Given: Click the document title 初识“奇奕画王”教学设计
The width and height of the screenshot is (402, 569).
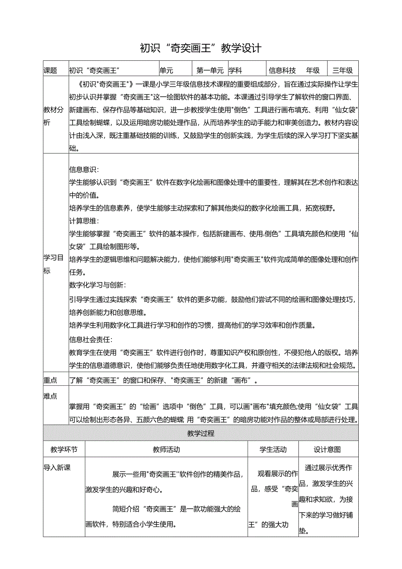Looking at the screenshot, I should coord(201,48).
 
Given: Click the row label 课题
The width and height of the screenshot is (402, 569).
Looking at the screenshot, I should coord(51,70).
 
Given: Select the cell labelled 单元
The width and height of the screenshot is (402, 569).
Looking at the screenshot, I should coord(166,70).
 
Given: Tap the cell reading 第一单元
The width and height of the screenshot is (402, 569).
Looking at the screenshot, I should coord(210,70).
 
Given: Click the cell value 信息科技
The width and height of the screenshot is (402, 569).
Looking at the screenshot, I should coord(282,70).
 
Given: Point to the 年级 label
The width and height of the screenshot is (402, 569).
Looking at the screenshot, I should coord(313,70).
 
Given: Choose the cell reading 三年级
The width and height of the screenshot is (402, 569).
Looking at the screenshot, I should coord(343,70).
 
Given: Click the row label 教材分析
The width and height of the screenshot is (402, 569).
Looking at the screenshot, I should coord(53,116).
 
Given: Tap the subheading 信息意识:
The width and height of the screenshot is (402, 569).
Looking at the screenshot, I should coord(84,170).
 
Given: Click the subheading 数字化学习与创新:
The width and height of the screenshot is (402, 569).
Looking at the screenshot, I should coord(97,285).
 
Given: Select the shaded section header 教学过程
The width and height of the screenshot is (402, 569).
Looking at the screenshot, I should coord(201,433).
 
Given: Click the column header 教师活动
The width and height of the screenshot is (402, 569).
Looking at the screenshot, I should coord(166,449).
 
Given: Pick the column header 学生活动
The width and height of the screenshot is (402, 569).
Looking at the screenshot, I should coord(273,449).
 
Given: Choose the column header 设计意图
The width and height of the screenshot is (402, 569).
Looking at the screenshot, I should coord(327,449).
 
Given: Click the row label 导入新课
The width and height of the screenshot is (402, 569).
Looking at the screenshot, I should coord(57,468).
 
